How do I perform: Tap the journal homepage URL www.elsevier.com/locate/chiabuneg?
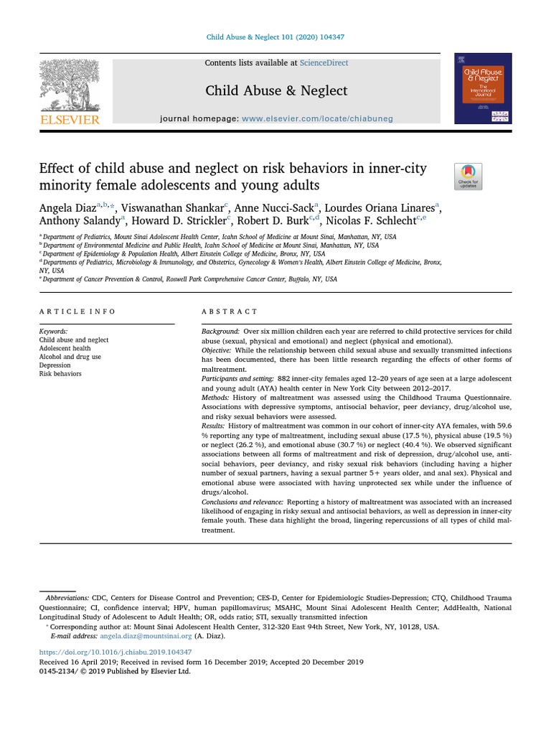pos(317,118)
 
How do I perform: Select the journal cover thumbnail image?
pos(483,88)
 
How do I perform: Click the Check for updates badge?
pos(468,177)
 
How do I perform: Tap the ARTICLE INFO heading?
pos(77,312)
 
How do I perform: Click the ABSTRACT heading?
pos(230,312)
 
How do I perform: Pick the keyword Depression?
pos(56,365)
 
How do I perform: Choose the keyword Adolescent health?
pos(65,348)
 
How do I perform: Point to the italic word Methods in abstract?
pos(215,397)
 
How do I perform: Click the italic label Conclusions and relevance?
pos(241,502)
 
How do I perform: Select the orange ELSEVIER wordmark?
pos(69,120)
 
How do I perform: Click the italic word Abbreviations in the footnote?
pos(67,598)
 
